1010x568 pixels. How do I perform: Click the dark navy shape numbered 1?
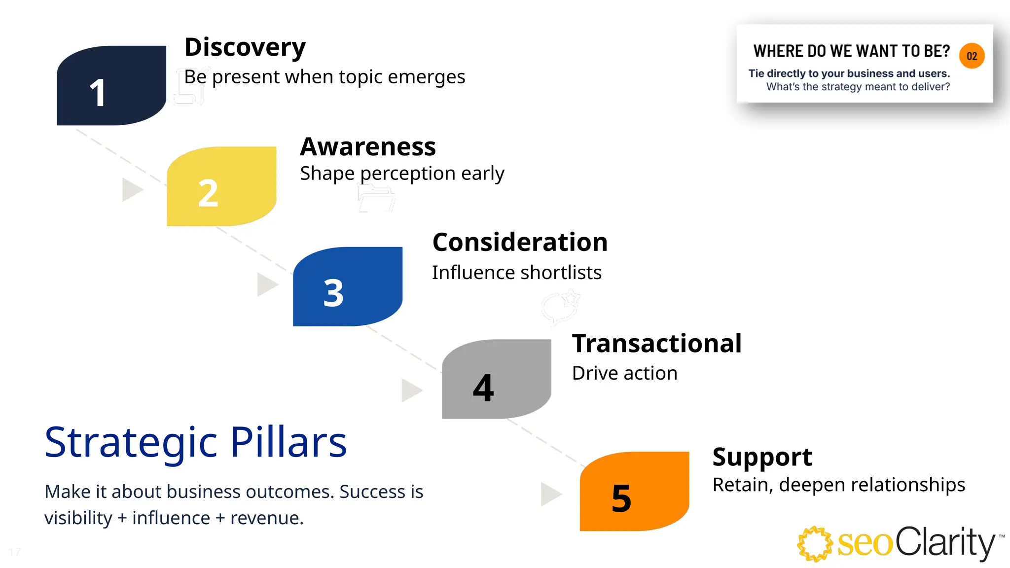111,85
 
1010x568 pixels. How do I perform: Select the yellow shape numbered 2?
221,186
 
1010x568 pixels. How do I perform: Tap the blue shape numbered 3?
348,286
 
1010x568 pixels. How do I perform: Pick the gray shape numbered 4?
496,379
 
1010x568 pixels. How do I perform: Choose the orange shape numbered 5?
634,491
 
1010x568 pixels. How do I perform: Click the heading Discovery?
245,48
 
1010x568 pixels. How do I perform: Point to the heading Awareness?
368,147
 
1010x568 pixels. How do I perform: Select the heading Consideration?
520,243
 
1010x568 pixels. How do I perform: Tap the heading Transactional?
656,344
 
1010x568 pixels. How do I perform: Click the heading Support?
762,457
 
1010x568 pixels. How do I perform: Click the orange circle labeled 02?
972,56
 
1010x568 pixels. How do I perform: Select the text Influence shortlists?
516,273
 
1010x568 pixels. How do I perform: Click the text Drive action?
624,373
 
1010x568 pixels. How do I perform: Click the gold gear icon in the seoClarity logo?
815,544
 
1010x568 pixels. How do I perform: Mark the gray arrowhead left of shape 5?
550,494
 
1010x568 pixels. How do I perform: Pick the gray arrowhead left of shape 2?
131,190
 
